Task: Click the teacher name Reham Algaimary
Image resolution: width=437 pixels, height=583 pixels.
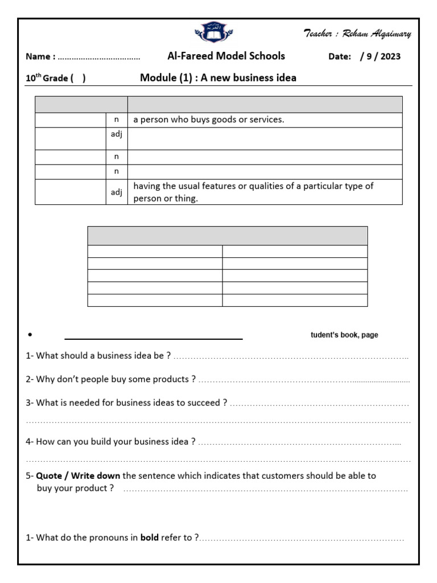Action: (357, 34)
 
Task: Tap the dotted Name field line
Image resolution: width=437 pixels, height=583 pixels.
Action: (99, 58)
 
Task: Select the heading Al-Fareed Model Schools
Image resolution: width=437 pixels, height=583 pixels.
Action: (226, 56)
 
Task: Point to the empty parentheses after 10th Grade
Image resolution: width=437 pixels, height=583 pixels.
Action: (79, 79)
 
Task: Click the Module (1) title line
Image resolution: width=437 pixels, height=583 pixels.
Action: (218, 78)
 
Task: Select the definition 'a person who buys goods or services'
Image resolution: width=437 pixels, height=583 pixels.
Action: (208, 120)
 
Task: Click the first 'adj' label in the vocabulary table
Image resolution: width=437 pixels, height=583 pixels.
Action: (116, 134)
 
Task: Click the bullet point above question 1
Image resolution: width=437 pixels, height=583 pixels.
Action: (30, 335)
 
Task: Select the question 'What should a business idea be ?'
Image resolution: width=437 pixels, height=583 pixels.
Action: (98, 355)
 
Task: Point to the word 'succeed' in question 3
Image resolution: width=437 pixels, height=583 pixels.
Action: (205, 403)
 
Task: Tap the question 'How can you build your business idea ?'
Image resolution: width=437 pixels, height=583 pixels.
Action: (111, 441)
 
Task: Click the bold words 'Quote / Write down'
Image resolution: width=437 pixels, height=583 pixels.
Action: (78, 475)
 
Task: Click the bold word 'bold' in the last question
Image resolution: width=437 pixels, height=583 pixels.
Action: (149, 537)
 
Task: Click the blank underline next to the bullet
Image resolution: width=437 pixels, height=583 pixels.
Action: (154, 338)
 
